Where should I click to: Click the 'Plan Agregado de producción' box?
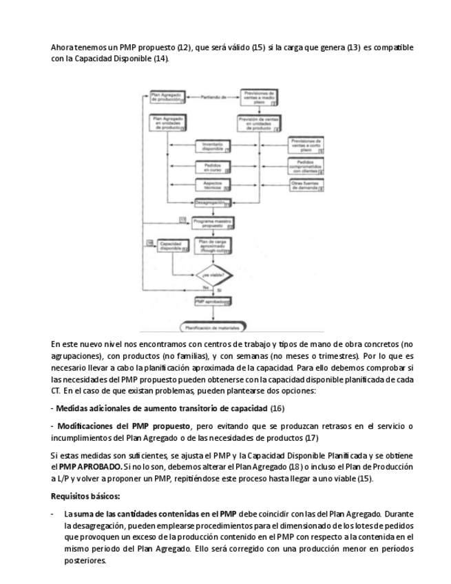point(167,97)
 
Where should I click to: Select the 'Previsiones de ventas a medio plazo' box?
point(260,97)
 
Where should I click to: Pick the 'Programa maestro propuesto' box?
point(212,222)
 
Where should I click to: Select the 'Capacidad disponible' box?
point(171,246)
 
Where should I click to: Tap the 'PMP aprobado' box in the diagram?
point(212,302)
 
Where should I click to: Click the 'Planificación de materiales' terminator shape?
point(213,326)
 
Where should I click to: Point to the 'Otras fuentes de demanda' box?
point(306,184)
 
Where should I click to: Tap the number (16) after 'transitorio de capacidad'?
point(277,408)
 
